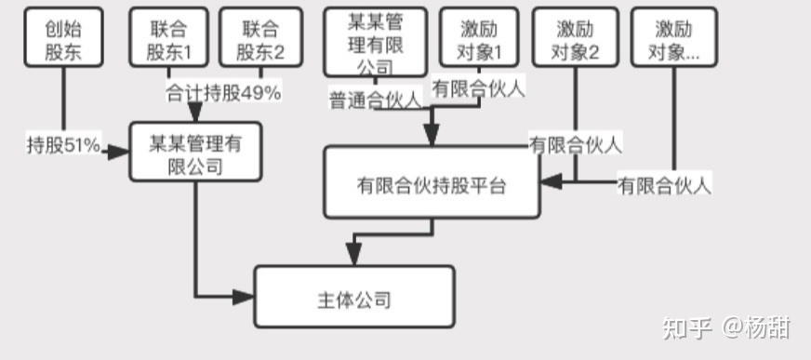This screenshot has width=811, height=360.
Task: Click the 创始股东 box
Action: click(63, 40)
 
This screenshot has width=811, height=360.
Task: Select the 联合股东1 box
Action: click(170, 40)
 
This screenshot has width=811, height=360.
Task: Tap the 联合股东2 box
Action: click(261, 40)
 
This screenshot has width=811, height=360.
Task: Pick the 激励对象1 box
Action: click(480, 40)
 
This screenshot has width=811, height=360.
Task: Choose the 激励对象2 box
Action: click(574, 40)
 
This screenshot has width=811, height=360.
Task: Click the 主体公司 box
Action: click(354, 298)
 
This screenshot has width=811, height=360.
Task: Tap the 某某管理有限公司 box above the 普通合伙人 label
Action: click(375, 42)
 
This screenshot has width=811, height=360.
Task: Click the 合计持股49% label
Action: click(223, 93)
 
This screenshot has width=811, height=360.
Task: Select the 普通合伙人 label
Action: click(374, 100)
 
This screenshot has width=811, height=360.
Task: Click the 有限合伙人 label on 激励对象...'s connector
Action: click(664, 185)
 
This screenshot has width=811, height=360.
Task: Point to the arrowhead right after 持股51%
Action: click(118, 151)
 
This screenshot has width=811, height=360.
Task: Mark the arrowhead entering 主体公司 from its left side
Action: click(245, 297)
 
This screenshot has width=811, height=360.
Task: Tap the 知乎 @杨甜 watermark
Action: click(725, 327)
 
